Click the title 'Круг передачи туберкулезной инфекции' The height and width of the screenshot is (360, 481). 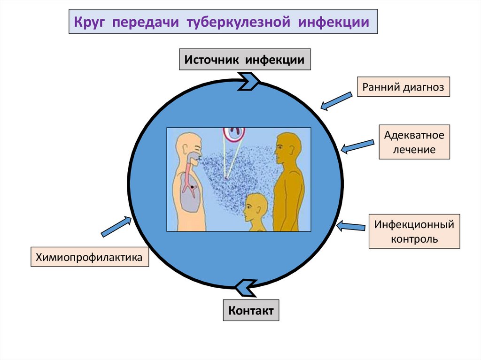pos(223,22)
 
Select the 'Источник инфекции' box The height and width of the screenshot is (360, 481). pos(245,60)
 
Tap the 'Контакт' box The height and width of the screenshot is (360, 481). pos(251,310)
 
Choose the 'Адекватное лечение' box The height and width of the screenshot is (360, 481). pos(414,142)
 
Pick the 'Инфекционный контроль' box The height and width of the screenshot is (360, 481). pos(414,231)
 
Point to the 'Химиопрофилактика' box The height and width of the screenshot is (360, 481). pos(90,257)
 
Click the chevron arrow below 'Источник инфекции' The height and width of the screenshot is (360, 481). pos(248,80)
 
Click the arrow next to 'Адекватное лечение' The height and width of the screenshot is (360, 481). pos(357,146)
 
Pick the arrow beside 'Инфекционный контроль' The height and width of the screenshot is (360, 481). pos(351,226)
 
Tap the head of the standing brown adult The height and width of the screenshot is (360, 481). pos(287,146)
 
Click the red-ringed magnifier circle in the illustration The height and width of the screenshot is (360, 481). pos(234,133)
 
